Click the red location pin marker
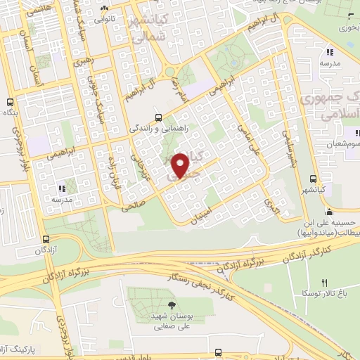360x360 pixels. pos(181,165)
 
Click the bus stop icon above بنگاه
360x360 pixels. pos(10,101)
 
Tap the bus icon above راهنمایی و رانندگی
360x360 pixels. pos(158,117)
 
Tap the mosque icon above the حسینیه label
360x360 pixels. pos(328,212)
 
